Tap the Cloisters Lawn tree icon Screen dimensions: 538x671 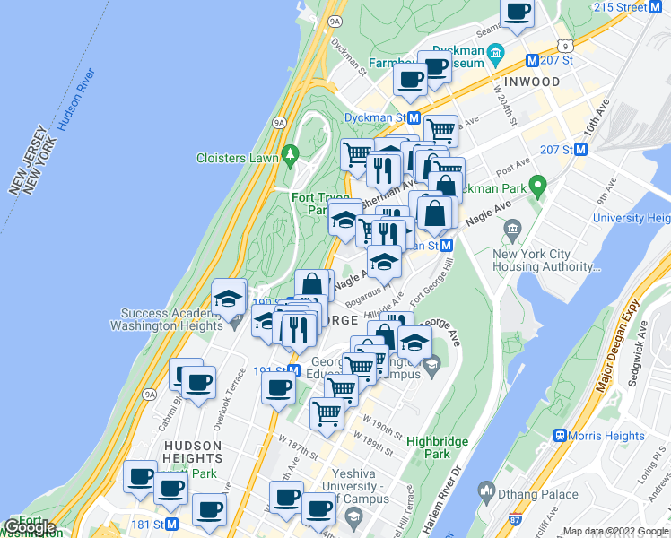pos(289,156)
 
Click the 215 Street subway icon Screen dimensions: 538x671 pos(662,7)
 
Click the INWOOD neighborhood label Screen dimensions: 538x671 pos(532,82)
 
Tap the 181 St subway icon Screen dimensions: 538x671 pos(172,524)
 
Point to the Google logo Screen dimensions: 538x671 pos(29,526)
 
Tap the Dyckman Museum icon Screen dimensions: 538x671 pos(493,58)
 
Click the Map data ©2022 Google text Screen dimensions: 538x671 pos(615,532)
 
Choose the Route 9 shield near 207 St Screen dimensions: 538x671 pos(562,44)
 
